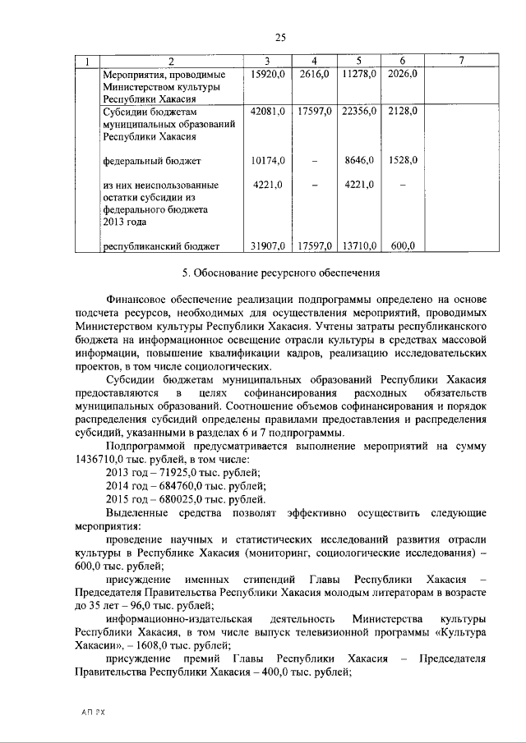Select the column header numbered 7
pos(462,62)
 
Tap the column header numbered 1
pos(87,62)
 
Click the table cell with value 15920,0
pos(267,74)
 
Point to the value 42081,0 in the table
pos(267,111)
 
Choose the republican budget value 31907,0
pos(267,245)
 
